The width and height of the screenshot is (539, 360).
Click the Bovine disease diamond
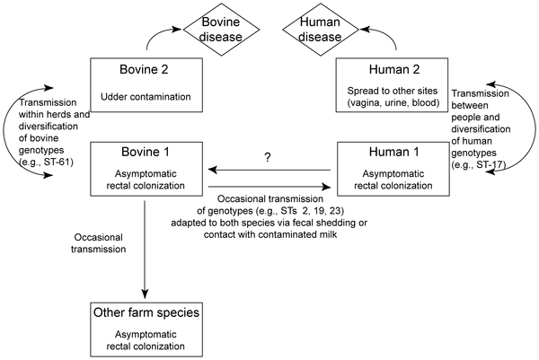[x=221, y=30]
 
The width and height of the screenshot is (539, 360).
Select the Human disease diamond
[x=321, y=30]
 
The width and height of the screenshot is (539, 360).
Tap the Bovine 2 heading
[x=144, y=69]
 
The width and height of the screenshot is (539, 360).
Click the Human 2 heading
[x=394, y=69]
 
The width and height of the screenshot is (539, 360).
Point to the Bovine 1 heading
[x=146, y=152]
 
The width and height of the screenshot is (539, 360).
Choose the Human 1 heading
[x=394, y=152]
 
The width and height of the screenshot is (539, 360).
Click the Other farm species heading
[x=146, y=312]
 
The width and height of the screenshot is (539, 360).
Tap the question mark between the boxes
[x=268, y=158]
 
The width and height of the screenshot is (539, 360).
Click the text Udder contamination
[x=146, y=97]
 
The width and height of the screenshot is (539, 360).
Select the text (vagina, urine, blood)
[x=393, y=102]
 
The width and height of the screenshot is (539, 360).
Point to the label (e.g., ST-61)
[x=46, y=162]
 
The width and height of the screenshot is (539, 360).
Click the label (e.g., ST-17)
[x=478, y=165]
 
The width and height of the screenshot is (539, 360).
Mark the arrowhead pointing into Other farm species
[x=145, y=294]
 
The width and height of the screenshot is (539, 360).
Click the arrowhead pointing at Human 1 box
[x=325, y=187]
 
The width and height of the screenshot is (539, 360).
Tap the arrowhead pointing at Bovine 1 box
[x=214, y=170]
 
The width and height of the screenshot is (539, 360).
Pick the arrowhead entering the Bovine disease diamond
[x=177, y=29]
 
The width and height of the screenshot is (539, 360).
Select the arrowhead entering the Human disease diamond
[x=365, y=30]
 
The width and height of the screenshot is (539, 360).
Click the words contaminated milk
[x=297, y=235]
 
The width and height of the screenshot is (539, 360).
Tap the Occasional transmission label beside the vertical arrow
[x=98, y=243]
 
